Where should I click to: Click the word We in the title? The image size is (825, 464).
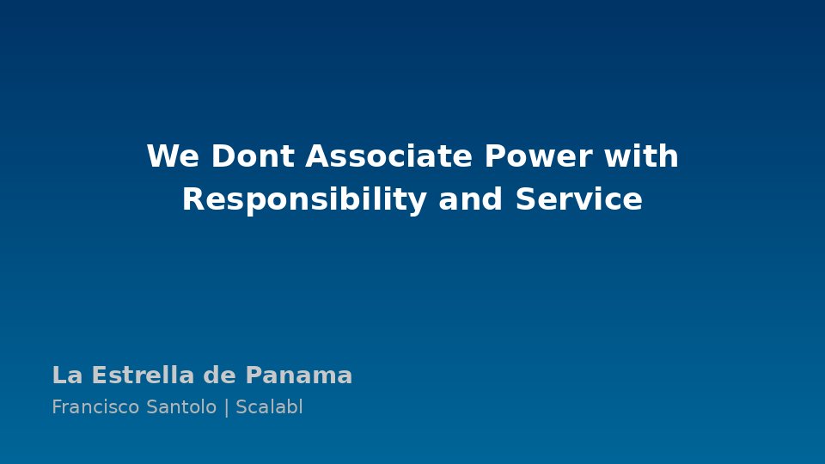pyautogui.click(x=173, y=156)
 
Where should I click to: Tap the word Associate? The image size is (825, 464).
pyautogui.click(x=388, y=156)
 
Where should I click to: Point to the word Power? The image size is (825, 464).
pyautogui.click(x=538, y=156)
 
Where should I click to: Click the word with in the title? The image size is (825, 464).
pyautogui.click(x=641, y=156)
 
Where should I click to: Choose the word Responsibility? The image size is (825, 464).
pyautogui.click(x=304, y=200)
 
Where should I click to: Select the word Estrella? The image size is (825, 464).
pyautogui.click(x=144, y=375)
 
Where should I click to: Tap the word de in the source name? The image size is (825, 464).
pyautogui.click(x=219, y=375)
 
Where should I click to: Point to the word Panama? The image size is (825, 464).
pyautogui.click(x=299, y=375)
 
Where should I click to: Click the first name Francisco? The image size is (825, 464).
pyautogui.click(x=95, y=407)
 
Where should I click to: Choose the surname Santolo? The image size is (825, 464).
pyautogui.click(x=181, y=407)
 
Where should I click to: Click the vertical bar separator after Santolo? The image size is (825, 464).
pyautogui.click(x=227, y=407)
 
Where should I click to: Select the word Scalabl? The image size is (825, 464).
pyautogui.click(x=269, y=406)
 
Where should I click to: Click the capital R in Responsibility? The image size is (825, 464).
pyautogui.click(x=193, y=199)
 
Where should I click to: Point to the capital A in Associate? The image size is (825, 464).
pyautogui.click(x=317, y=156)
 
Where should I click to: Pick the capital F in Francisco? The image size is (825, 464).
pyautogui.click(x=58, y=407)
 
